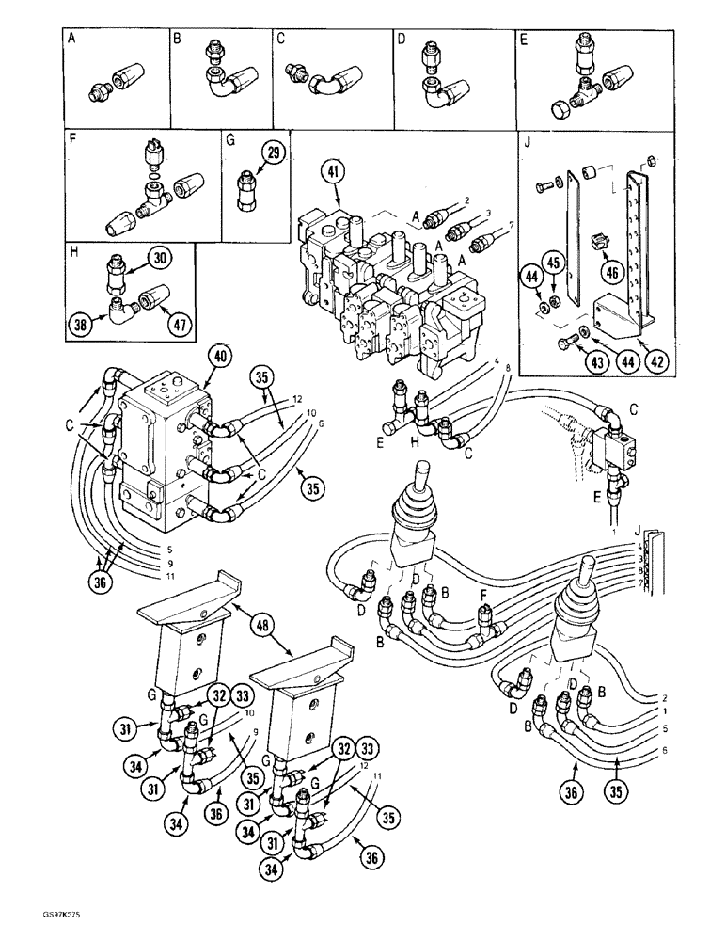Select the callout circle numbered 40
(x=220, y=356)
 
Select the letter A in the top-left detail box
(x=72, y=40)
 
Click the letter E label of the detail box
(x=524, y=40)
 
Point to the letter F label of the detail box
(x=72, y=142)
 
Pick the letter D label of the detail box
(x=402, y=40)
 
